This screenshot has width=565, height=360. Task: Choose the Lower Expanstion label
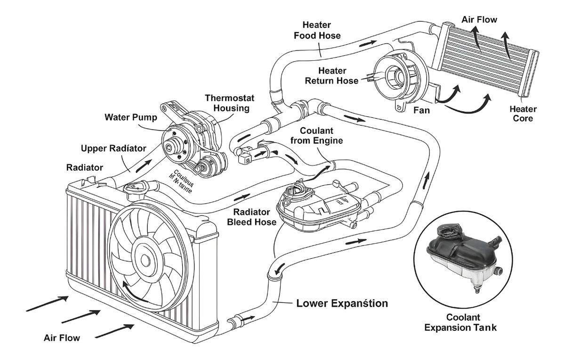coord(342,303)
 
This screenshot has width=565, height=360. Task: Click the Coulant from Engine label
coord(316,135)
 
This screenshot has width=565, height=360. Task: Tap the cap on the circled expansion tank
coord(445,231)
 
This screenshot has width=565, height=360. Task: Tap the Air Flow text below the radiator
coord(62,337)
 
